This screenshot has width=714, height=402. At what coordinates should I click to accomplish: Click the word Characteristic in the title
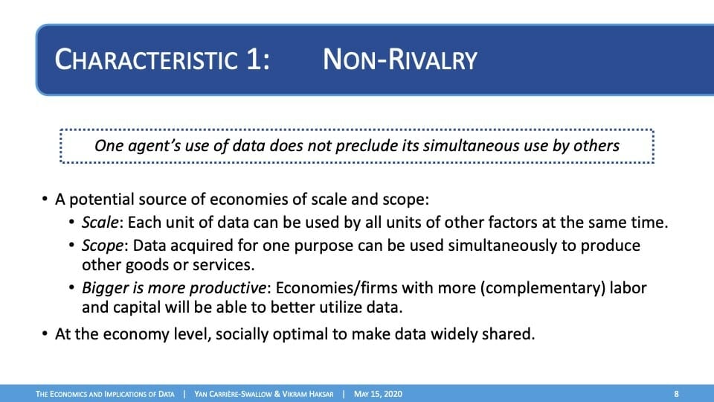click(147, 60)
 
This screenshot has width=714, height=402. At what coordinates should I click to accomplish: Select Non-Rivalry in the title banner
click(400, 60)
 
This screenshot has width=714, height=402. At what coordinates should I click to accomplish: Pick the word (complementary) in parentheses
click(542, 289)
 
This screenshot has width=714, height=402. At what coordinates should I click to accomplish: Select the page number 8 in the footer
click(676, 394)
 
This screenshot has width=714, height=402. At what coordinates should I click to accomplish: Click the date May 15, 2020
click(378, 394)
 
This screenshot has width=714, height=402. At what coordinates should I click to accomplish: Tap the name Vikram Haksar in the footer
click(308, 394)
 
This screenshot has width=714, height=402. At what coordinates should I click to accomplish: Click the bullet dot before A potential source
click(45, 199)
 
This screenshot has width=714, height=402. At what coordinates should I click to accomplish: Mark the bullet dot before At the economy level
click(45, 334)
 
